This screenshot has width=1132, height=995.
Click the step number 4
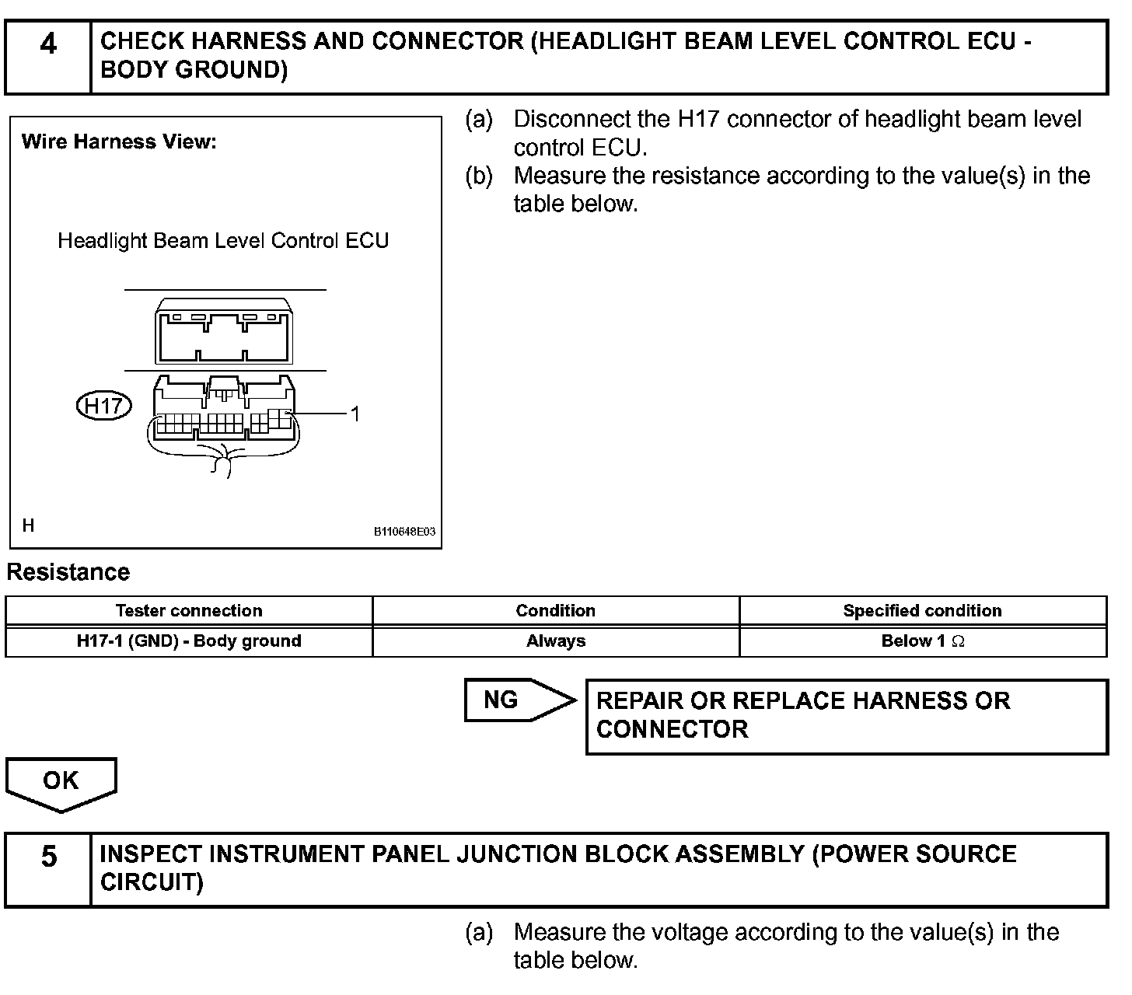click(x=48, y=44)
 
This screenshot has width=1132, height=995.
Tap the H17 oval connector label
click(x=104, y=406)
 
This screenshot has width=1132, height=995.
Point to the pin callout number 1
click(x=355, y=414)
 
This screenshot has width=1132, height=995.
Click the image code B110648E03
click(x=404, y=532)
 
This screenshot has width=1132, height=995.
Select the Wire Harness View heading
click(x=119, y=142)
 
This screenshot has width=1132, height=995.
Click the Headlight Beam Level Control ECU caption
click(x=223, y=241)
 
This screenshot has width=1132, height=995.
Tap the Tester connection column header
click(x=189, y=611)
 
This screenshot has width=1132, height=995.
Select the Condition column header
click(x=555, y=611)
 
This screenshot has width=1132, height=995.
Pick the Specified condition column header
click(x=922, y=611)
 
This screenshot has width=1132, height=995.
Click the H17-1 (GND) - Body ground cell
click(x=189, y=641)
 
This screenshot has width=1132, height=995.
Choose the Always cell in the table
click(x=555, y=641)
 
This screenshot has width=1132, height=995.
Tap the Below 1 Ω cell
click(x=922, y=641)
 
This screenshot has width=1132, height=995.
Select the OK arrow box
click(x=61, y=781)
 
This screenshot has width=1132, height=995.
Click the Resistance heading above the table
click(x=68, y=573)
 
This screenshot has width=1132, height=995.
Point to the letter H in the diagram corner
click(x=29, y=526)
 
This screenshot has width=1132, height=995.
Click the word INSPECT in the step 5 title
click(x=152, y=854)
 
